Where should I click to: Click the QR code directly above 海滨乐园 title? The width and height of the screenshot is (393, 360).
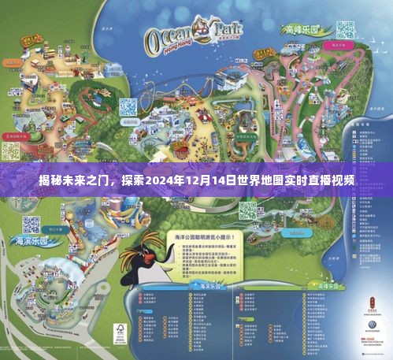coord(31,223)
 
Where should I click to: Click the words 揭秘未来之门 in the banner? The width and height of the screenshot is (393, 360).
coord(73,180)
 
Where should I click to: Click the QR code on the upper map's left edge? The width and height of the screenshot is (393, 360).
coord(11,149)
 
